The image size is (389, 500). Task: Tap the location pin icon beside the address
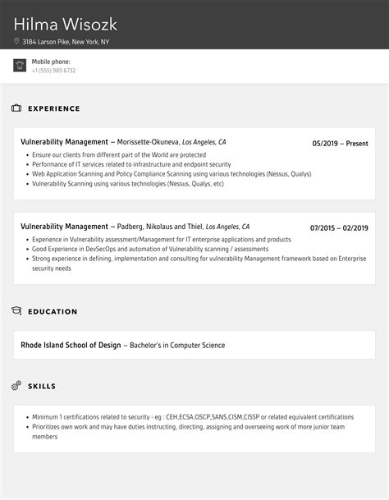pyautogui.click(x=16, y=41)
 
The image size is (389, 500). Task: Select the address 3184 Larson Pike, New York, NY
pyautogui.click(x=66, y=41)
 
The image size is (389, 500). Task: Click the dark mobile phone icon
pyautogui.click(x=20, y=66)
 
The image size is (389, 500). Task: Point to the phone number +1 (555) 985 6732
pyautogui.click(x=53, y=71)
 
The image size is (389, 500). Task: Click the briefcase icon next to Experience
pyautogui.click(x=16, y=108)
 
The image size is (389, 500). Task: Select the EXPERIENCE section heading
pyautogui.click(x=54, y=108)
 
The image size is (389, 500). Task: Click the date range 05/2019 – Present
pyautogui.click(x=340, y=144)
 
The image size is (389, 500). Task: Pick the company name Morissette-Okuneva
pyautogui.click(x=148, y=142)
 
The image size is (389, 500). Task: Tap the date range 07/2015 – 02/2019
pyautogui.click(x=339, y=228)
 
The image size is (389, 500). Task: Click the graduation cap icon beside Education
pyautogui.click(x=16, y=311)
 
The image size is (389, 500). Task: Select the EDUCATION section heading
pyautogui.click(x=53, y=312)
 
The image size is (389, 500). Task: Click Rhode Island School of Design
pyautogui.click(x=71, y=346)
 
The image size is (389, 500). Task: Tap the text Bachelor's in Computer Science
pyautogui.click(x=177, y=346)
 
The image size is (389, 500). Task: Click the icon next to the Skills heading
pyautogui.click(x=16, y=385)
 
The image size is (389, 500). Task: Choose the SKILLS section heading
pyautogui.click(x=42, y=386)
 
